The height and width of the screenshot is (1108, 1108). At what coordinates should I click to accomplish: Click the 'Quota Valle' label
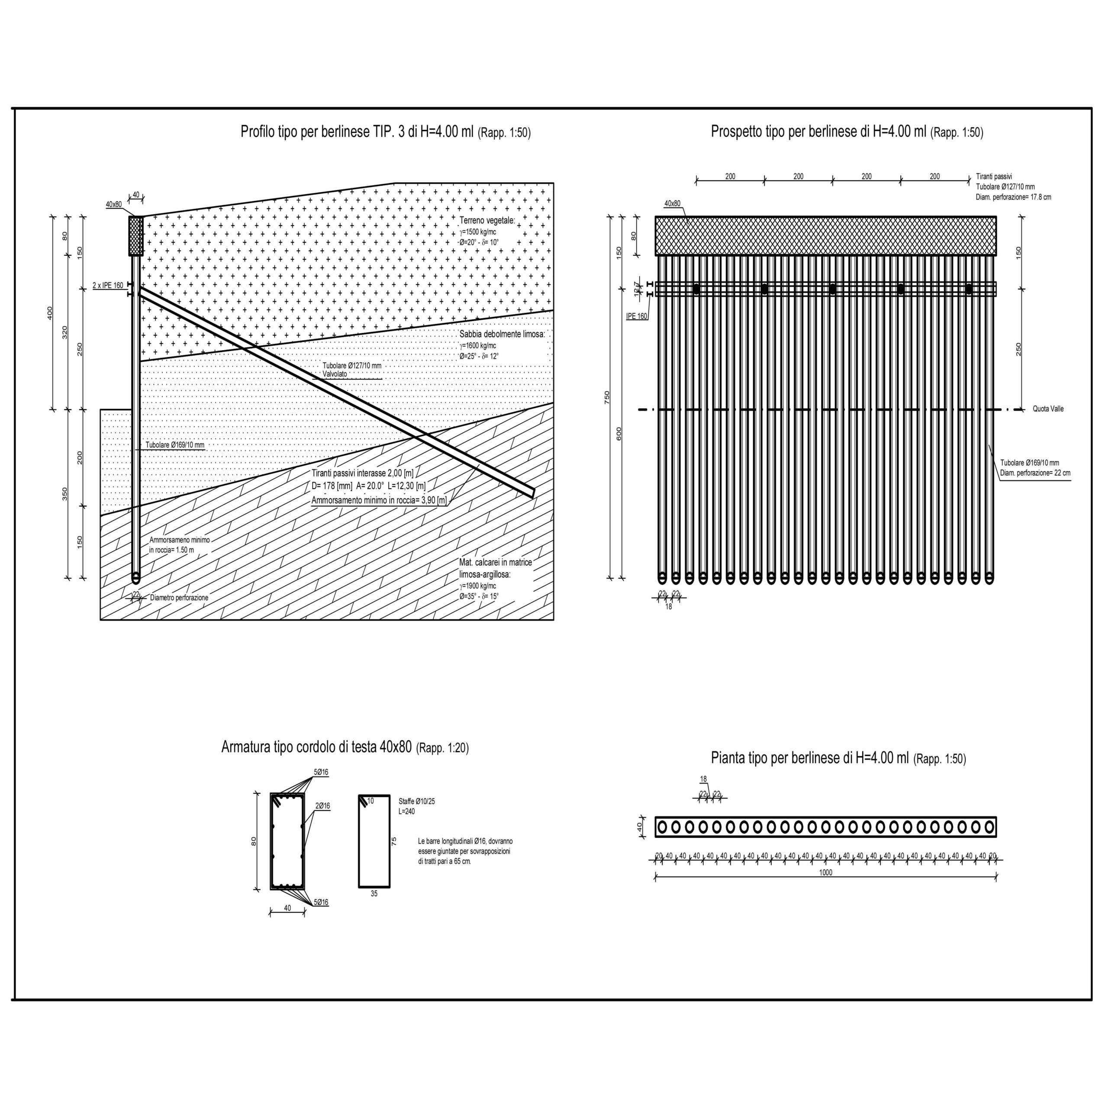1048,409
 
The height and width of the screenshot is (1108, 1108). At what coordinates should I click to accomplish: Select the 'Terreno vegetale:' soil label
487,220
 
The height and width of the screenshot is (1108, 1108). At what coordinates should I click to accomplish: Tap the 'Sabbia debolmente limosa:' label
502,335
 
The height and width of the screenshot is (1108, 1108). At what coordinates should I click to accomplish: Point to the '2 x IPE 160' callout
108,285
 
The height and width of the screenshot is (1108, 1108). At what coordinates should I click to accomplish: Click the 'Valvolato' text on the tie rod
335,374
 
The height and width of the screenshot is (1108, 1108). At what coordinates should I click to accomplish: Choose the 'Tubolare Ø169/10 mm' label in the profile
174,445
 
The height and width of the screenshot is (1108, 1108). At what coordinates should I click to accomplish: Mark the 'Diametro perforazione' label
179,598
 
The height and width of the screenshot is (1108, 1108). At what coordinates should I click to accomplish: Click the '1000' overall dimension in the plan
825,873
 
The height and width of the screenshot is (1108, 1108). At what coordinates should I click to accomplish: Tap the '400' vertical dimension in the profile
50,312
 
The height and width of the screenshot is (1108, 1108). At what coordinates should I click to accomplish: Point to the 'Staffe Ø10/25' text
416,801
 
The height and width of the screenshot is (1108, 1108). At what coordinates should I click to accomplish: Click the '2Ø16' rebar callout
322,806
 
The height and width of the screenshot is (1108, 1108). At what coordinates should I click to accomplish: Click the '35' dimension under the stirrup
374,893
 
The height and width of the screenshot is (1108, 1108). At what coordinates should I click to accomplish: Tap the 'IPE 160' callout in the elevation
637,316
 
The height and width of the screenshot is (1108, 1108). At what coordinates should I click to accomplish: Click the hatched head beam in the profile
136,236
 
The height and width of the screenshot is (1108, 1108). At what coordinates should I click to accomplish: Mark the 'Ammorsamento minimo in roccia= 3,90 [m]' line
379,501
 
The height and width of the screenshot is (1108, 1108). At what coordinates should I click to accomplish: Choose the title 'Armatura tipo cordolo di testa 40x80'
316,747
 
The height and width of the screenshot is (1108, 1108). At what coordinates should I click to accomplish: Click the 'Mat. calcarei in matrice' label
495,563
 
